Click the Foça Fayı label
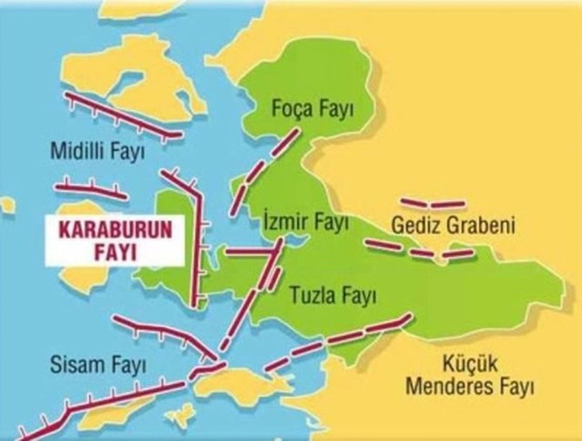[313, 109]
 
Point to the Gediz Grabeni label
[453, 226]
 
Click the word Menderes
[450, 387]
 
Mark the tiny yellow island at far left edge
[6, 205]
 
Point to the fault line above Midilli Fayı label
[121, 115]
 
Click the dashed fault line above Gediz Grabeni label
[433, 203]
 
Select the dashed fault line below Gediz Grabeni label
[419, 250]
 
